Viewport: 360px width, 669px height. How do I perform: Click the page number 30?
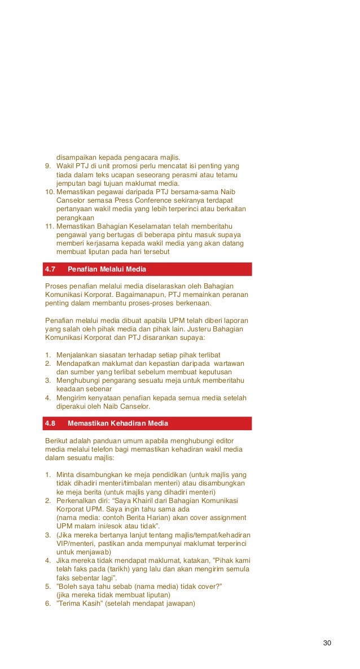tap(327, 643)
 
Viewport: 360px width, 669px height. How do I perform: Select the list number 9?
tap(47, 166)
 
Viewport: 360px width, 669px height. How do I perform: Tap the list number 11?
tap(49, 227)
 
